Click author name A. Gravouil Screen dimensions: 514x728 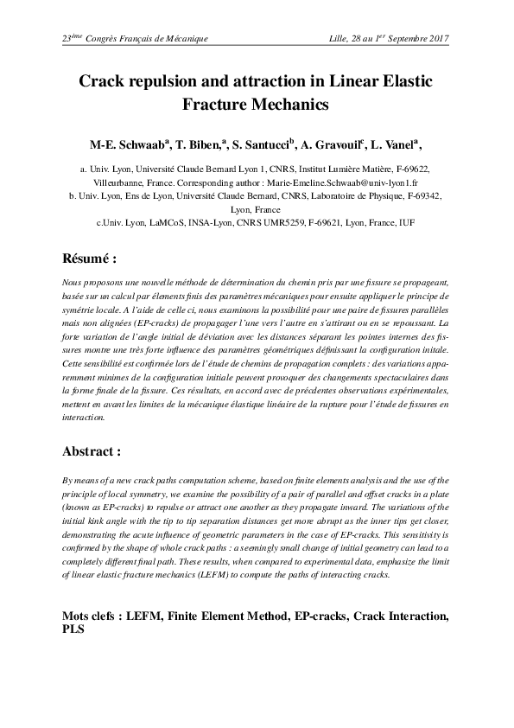point(334,144)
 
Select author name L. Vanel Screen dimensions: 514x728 point(398,144)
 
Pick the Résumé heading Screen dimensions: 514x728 point(89,259)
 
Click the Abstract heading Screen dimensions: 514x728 point(92,450)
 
